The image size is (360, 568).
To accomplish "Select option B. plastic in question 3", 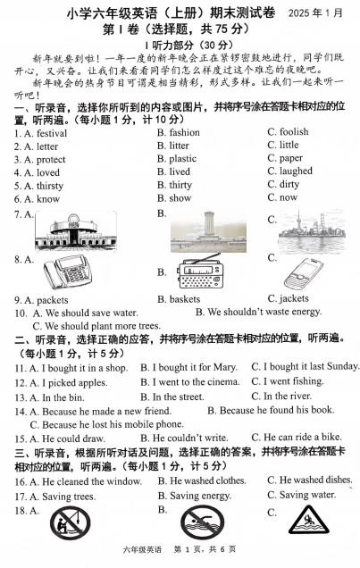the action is click(x=182, y=159).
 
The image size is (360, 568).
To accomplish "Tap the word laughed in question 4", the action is click(x=296, y=171).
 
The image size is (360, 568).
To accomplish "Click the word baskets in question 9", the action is click(x=185, y=299).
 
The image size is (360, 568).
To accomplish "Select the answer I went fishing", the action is click(x=286, y=382).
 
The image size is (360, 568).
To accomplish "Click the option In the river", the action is click(x=287, y=397).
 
